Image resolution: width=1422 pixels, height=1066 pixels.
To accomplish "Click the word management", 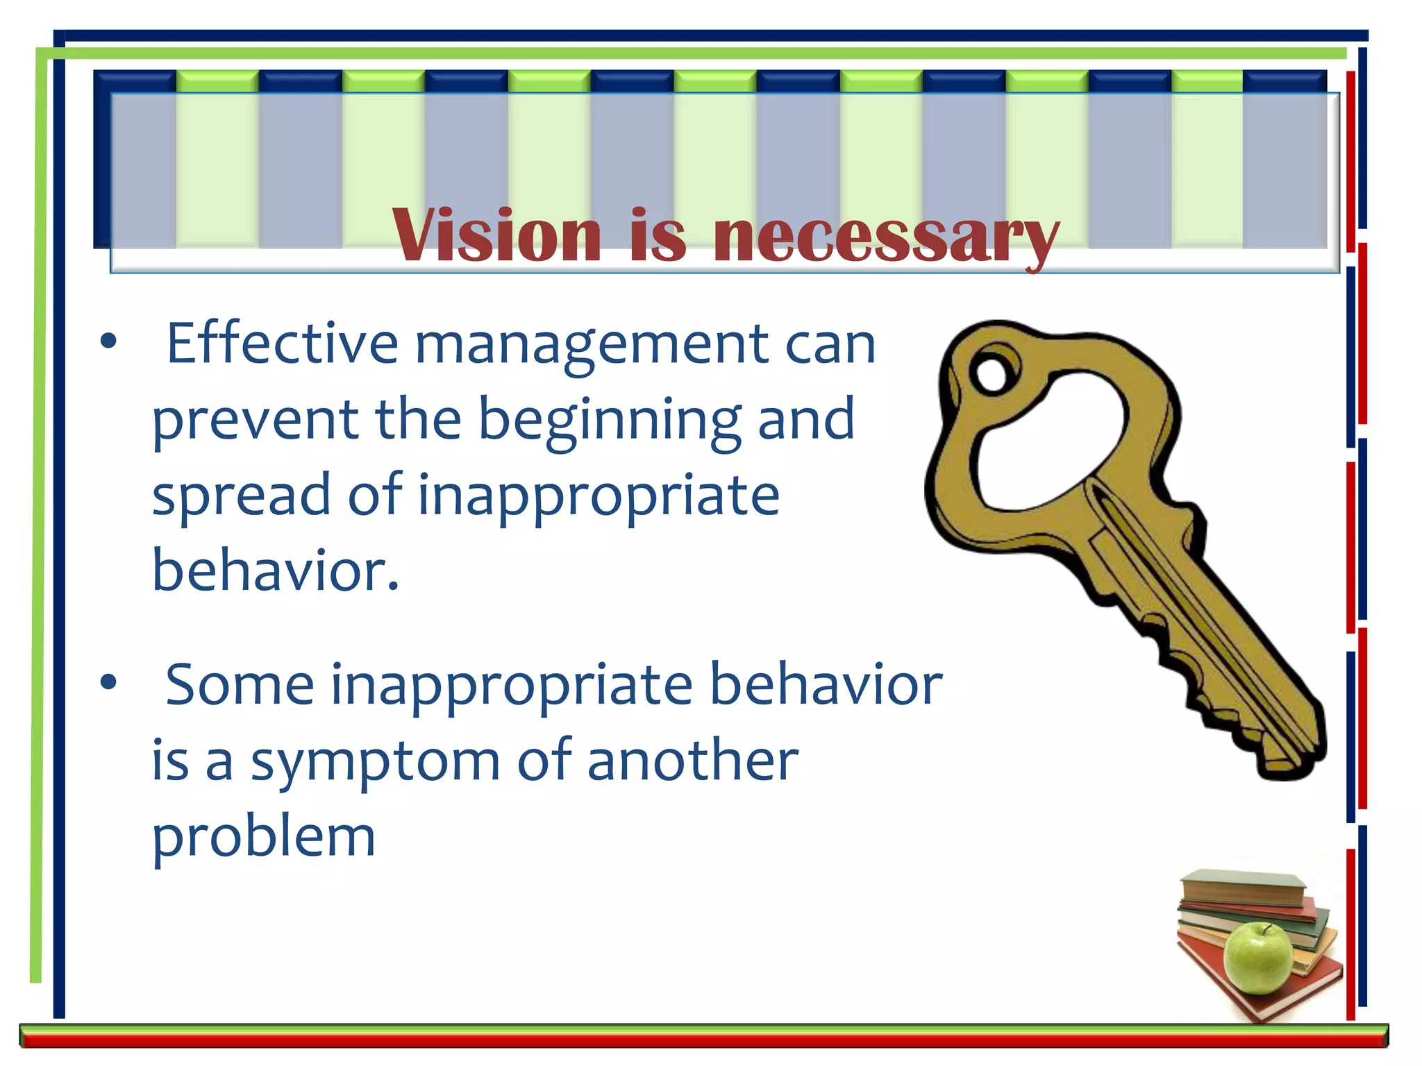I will pyautogui.click(x=591, y=346).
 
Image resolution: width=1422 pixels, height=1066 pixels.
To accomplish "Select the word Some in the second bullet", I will pyautogui.click(x=240, y=684).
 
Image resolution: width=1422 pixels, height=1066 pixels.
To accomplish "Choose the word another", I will pyautogui.click(x=692, y=761).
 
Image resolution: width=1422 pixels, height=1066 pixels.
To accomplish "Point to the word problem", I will pyautogui.click(x=263, y=838).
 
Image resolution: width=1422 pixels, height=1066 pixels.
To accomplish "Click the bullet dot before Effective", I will pyautogui.click(x=108, y=341).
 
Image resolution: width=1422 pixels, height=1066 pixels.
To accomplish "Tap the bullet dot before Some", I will pyautogui.click(x=108, y=682).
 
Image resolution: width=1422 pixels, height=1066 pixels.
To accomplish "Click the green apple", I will pyautogui.click(x=1257, y=958).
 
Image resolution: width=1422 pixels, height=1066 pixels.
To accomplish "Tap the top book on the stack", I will pyautogui.click(x=1243, y=886).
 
